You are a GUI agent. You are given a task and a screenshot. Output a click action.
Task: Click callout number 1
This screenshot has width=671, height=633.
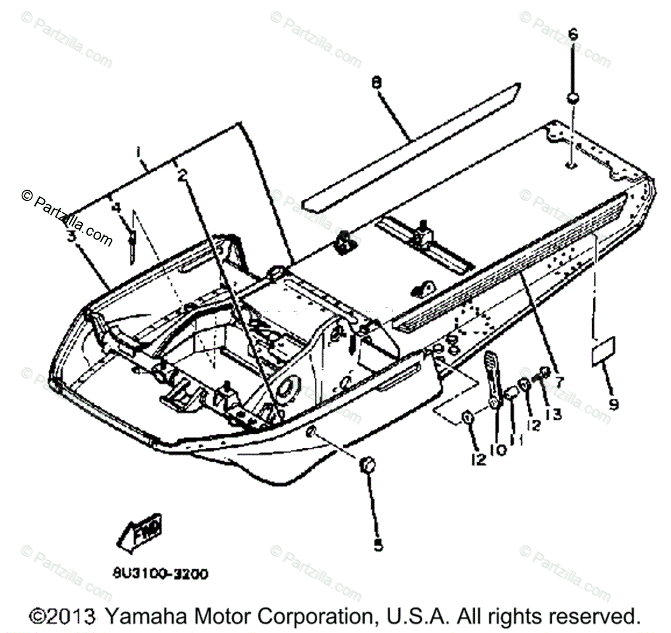click(x=139, y=152)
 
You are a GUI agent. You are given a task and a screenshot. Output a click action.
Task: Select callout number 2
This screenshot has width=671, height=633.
click(x=182, y=175)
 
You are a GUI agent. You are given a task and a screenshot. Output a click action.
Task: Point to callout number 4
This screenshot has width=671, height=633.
click(x=116, y=207)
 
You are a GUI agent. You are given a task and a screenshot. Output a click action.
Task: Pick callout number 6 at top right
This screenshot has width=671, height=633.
click(x=573, y=35)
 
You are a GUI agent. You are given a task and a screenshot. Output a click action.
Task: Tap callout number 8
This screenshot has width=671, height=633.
click(x=376, y=83)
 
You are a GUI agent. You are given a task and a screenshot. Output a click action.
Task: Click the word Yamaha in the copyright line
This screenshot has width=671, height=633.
click(x=136, y=616)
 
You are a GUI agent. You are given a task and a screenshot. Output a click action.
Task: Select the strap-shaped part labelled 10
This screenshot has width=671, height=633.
click(x=490, y=378)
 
